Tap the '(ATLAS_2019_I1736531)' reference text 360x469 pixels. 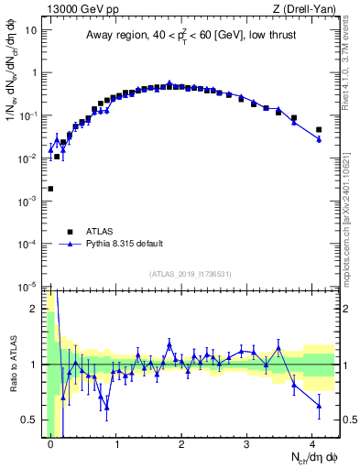(191, 274)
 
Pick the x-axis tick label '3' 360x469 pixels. (247, 442)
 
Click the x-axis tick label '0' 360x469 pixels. (50, 442)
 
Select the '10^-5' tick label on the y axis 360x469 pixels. (27, 287)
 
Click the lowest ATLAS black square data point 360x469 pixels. (50, 189)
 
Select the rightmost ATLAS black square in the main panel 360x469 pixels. (319, 130)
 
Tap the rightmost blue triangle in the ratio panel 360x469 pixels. (319, 405)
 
